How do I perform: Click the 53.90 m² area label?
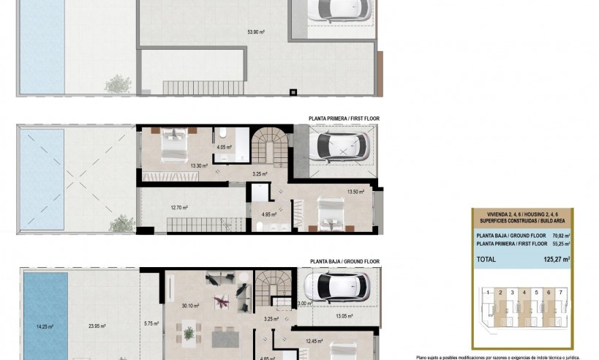click(256, 32)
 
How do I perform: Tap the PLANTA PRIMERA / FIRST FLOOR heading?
click(344, 118)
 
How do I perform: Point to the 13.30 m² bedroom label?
click(199, 166)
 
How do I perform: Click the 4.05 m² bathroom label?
click(224, 147)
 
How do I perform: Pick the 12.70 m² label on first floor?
click(179, 208)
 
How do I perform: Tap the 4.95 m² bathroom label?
click(269, 214)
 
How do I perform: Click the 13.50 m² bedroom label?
click(355, 192)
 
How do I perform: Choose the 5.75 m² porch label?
click(151, 323)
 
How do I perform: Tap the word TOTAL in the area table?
click(486, 258)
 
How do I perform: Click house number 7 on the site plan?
click(561, 292)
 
